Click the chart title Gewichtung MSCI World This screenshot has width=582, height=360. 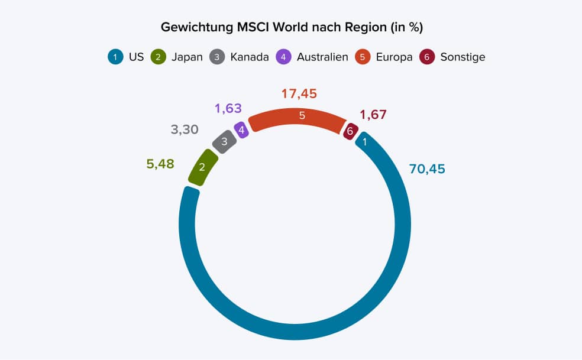coord(292,28)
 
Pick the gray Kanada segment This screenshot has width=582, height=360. coord(224,142)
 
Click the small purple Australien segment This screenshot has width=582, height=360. coord(241,129)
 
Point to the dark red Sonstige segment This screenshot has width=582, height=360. coord(350,131)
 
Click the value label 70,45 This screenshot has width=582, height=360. coord(427,169)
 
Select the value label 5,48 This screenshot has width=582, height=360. coord(160,164)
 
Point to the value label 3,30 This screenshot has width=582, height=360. coord(185,129)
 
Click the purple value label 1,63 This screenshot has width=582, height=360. coord(228,109)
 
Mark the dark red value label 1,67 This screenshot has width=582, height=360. coord(373,115)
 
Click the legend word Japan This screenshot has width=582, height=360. coord(187,57)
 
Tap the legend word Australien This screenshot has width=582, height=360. coord(322,57)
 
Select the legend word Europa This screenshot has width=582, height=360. coord(394,57)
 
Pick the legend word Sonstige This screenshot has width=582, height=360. coord(463,57)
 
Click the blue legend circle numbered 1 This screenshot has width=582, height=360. coord(115,57)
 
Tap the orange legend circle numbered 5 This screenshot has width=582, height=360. coord(362,57)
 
